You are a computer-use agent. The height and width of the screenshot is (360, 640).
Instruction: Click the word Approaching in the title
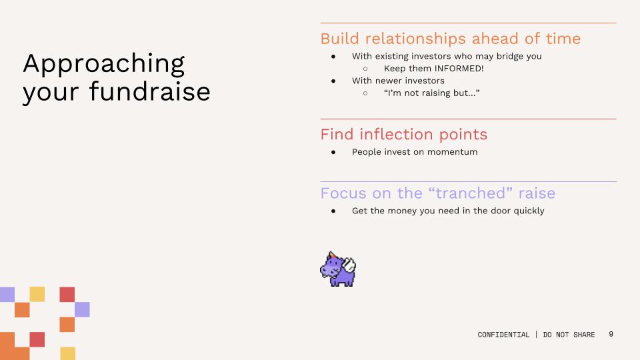pyautogui.click(x=104, y=64)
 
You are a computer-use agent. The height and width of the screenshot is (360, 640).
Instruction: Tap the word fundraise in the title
pyautogui.click(x=150, y=91)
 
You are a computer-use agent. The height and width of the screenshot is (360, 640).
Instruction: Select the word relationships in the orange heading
pyautogui.click(x=415, y=39)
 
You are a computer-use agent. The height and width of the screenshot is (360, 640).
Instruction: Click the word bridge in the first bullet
pyautogui.click(x=509, y=56)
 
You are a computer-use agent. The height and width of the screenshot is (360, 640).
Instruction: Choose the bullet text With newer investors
pyautogui.click(x=398, y=81)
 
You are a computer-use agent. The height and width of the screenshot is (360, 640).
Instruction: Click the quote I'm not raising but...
pyautogui.click(x=431, y=93)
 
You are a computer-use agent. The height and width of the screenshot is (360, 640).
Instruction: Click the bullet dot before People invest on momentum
pyautogui.click(x=333, y=152)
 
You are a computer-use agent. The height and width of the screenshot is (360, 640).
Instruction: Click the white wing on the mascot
pyautogui.click(x=349, y=265)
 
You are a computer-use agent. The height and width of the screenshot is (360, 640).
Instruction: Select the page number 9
pyautogui.click(x=611, y=334)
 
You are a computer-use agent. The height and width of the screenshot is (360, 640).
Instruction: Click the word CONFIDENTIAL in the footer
pyautogui.click(x=503, y=335)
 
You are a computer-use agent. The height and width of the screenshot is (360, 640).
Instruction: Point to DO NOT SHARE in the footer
pyautogui.click(x=569, y=335)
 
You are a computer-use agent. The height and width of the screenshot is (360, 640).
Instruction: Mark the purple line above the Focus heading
pyautogui.click(x=468, y=181)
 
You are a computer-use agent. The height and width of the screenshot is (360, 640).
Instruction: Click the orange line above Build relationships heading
pyautogui.click(x=468, y=23)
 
